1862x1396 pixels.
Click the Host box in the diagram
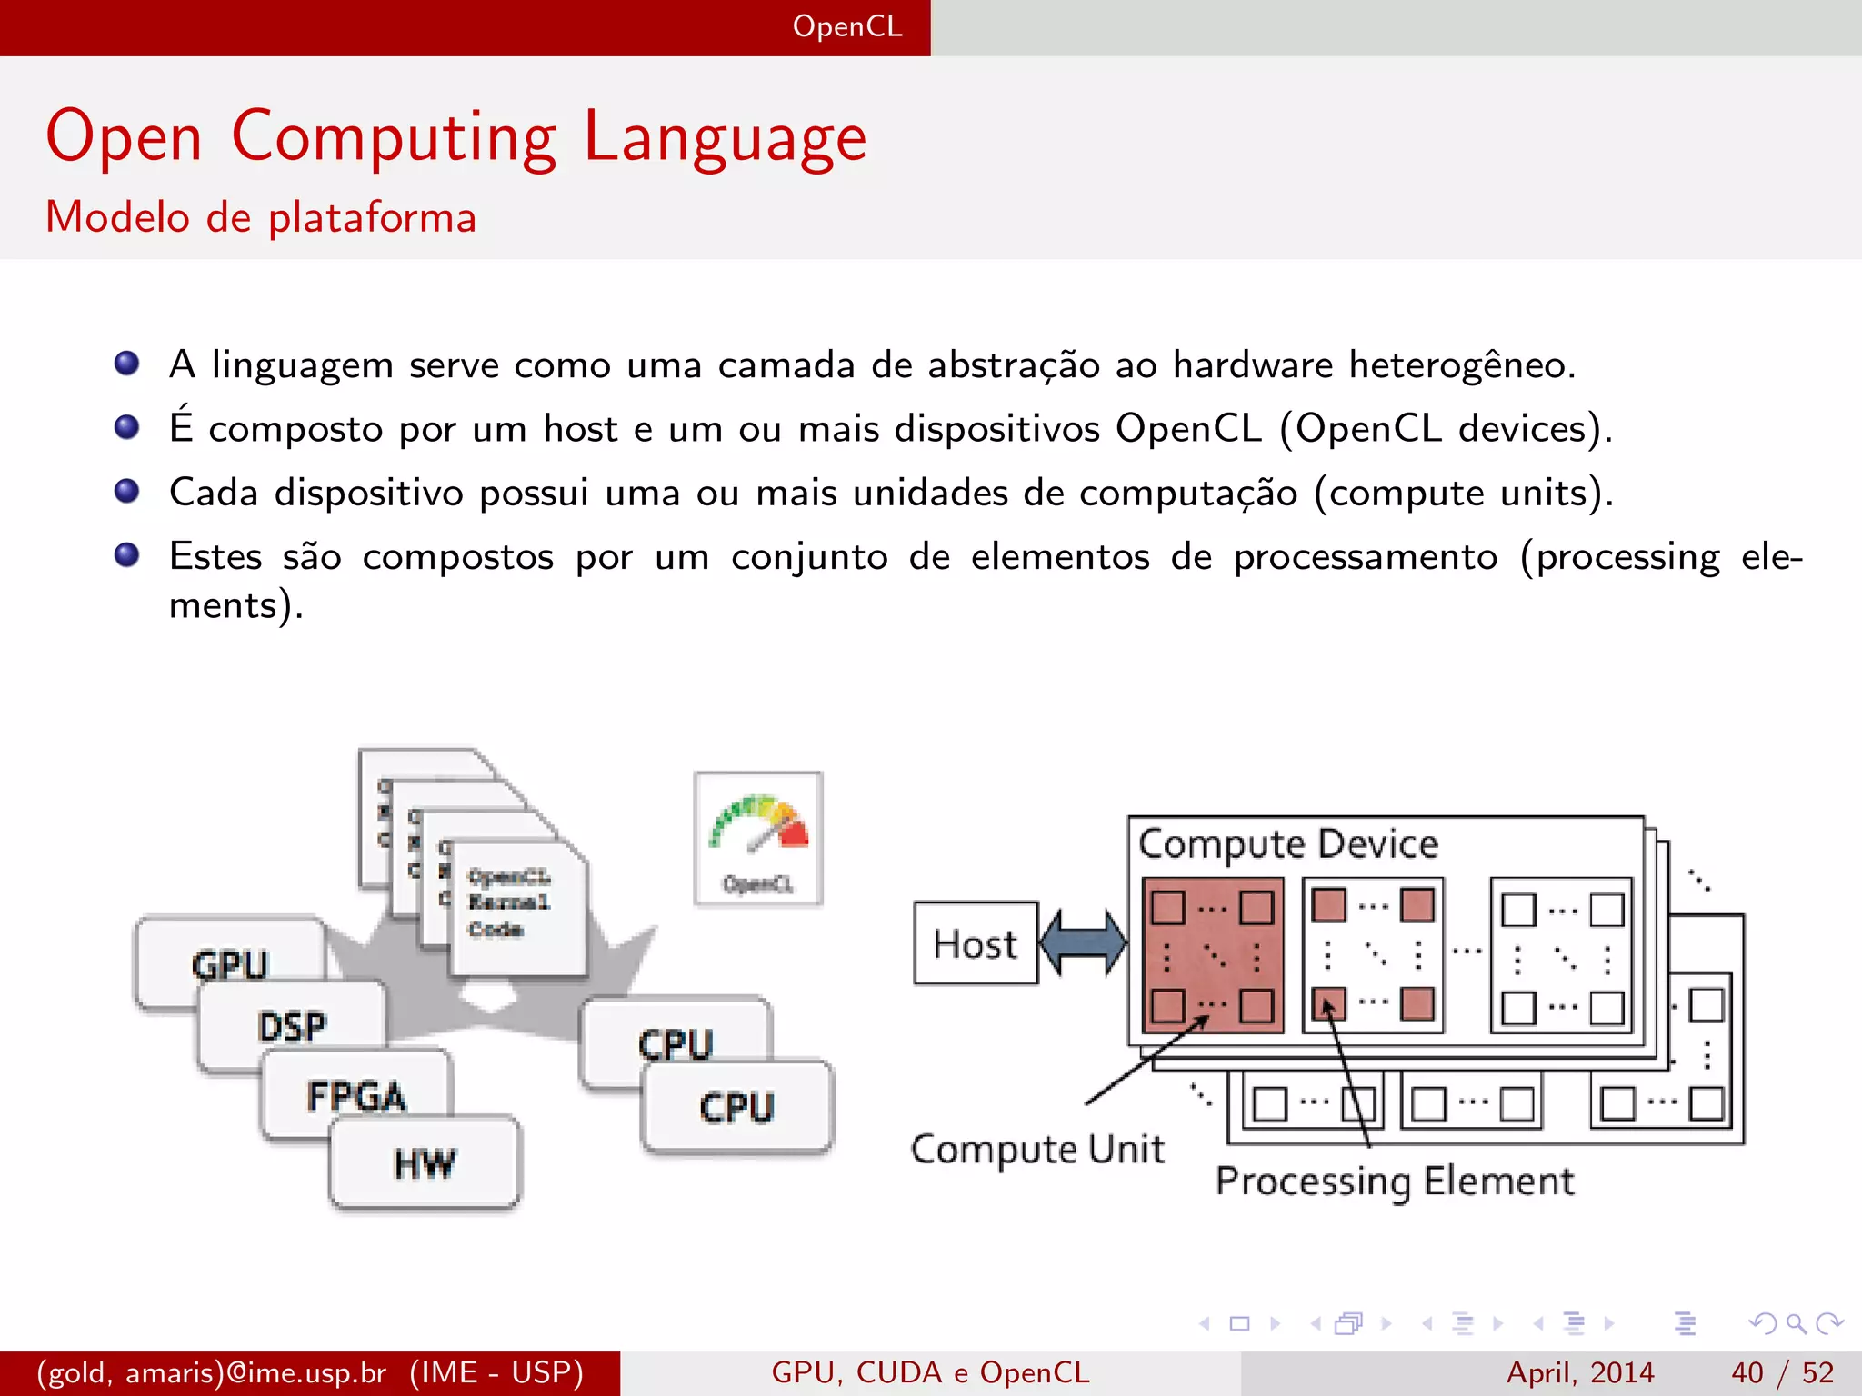click(976, 943)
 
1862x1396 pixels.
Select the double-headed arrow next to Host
click(1084, 943)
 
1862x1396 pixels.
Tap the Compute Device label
click(1287, 844)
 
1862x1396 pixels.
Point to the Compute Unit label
click(1037, 1150)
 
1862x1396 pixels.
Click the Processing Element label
click(1395, 1182)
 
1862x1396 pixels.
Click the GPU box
click(229, 962)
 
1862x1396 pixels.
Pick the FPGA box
click(356, 1096)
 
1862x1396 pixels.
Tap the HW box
click(425, 1163)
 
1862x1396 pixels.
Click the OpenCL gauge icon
click(758, 838)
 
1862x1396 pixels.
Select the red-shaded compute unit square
click(1213, 956)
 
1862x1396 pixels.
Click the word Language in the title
click(725, 138)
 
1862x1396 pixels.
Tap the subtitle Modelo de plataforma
click(261, 218)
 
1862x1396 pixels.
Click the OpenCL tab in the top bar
click(846, 26)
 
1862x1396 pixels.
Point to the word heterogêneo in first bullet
click(1460, 365)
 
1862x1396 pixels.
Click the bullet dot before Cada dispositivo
click(127, 492)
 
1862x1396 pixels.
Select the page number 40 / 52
click(1782, 1372)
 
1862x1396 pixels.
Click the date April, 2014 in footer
click(1580, 1372)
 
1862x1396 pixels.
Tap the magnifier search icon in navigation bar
click(1796, 1323)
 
